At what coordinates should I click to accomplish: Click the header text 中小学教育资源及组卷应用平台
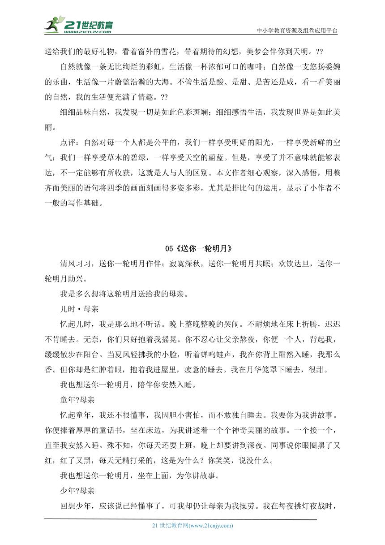(x=297, y=30)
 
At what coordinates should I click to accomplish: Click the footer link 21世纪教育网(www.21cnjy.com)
(x=192, y=526)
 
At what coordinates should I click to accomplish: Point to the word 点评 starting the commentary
(x=67, y=143)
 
